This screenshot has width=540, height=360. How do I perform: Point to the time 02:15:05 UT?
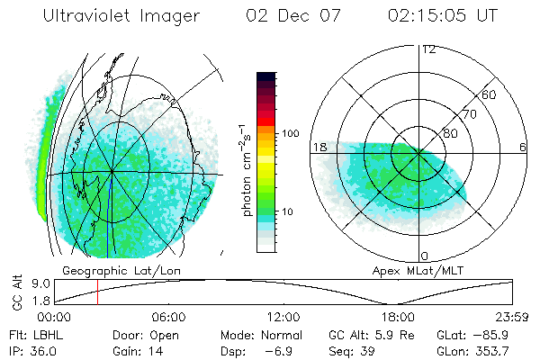(x=443, y=17)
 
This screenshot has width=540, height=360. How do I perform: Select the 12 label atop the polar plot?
(x=428, y=49)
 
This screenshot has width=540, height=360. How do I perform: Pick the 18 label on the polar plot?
(x=319, y=147)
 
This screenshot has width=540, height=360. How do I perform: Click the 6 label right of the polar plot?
(x=523, y=147)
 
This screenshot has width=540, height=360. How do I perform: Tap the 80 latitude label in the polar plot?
(x=451, y=134)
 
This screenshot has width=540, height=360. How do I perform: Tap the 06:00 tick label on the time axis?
(x=169, y=318)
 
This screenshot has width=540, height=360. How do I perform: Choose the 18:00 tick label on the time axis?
(x=398, y=318)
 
